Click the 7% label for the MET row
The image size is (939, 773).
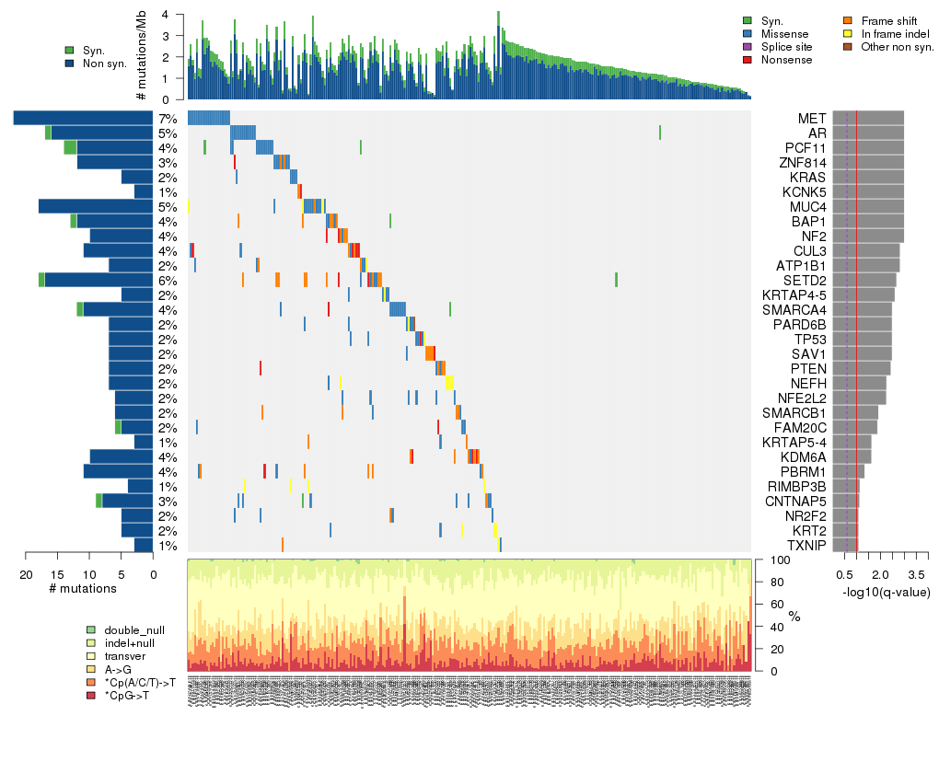(167, 119)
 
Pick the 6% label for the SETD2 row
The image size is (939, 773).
(167, 281)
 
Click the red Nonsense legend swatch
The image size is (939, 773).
(748, 59)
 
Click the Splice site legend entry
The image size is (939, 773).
(785, 46)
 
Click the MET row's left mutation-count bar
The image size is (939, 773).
(83, 118)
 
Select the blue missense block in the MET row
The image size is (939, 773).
(208, 118)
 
